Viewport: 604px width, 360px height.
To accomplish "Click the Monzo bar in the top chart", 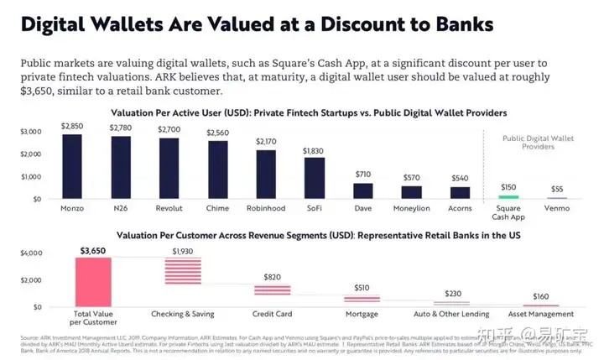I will click(x=72, y=166).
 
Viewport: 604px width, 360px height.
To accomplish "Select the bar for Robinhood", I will click(x=266, y=174).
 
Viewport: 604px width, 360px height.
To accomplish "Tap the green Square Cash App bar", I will click(x=509, y=197).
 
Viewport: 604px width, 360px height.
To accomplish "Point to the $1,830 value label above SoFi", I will click(x=315, y=150).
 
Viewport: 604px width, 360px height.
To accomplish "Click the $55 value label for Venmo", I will click(x=556, y=189).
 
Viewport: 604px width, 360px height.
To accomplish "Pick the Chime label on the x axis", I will click(x=217, y=208).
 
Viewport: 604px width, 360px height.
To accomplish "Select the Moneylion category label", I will click(x=412, y=208).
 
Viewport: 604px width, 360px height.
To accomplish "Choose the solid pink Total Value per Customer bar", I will click(x=93, y=281).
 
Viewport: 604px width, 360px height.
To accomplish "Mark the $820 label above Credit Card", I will click(x=273, y=277).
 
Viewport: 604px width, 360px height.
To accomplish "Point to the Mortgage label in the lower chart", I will click(x=362, y=313).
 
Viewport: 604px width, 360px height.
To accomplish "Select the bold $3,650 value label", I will click(x=93, y=250).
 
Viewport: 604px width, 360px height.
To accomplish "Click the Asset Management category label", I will click(x=541, y=313).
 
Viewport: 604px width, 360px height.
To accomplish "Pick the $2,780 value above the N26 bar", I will click(x=121, y=128).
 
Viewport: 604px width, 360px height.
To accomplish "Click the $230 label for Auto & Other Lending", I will click(x=451, y=293).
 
